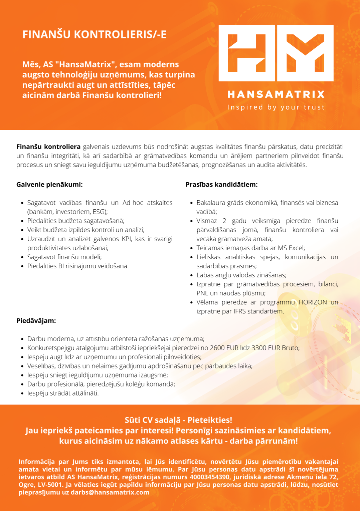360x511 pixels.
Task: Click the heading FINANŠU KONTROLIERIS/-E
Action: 94,34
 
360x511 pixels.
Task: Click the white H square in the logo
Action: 247,53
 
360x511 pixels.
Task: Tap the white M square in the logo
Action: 305,53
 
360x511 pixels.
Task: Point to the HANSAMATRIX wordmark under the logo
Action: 276,94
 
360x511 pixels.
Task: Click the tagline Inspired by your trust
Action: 276,107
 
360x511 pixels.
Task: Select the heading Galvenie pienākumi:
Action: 49,185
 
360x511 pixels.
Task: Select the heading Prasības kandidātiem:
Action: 221,185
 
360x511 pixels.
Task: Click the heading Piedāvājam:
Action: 36,321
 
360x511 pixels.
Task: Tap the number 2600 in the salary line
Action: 217,348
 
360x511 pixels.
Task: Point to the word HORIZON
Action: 313,302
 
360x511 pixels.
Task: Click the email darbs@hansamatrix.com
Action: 110,492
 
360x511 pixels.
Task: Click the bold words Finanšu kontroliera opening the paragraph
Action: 48,147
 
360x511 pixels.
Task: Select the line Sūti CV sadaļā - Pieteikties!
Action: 178,420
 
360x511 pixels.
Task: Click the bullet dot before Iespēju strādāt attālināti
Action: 22,394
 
